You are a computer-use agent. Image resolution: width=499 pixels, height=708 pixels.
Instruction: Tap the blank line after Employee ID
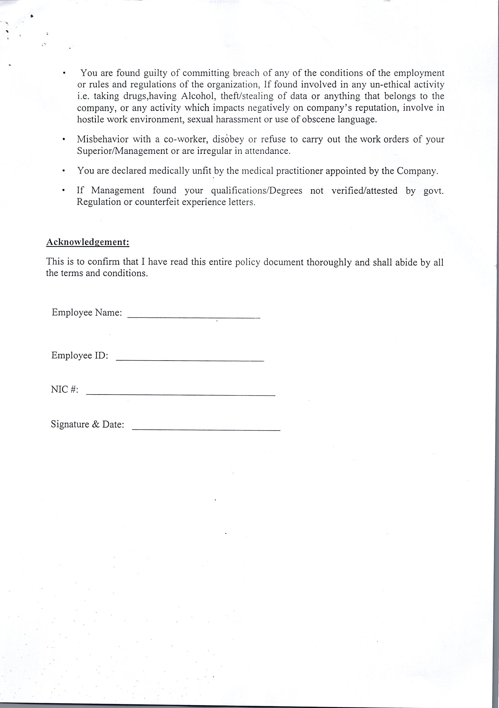point(190,360)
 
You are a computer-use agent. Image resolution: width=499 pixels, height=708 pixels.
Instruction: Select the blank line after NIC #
point(180,395)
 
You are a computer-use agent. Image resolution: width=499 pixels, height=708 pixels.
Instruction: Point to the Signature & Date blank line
point(206,430)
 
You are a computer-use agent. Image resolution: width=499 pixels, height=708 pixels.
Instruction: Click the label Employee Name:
point(87,313)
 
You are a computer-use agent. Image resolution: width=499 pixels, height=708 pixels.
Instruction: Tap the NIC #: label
point(65,390)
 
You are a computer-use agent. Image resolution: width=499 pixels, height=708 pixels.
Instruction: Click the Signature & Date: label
point(87,424)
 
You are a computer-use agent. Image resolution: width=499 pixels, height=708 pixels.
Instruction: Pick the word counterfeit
point(162,202)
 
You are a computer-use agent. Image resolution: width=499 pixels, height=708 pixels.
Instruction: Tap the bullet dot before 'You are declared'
point(63,171)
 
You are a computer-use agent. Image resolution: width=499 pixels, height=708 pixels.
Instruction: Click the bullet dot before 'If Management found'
point(63,191)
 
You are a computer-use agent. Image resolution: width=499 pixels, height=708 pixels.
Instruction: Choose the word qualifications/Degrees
point(257,191)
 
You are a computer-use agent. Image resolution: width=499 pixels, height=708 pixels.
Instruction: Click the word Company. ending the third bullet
point(417,171)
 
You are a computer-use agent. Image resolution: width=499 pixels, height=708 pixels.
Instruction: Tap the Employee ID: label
point(79,356)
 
